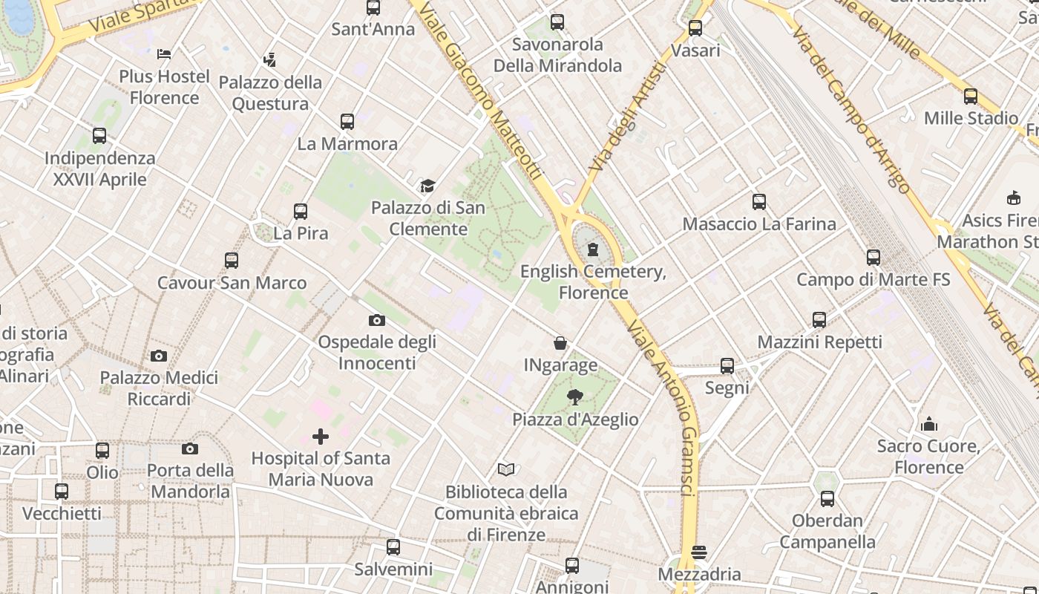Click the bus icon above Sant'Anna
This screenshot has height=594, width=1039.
[373, 8]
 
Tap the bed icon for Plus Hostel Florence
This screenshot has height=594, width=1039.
[164, 54]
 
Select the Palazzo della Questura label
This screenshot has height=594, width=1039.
[270, 93]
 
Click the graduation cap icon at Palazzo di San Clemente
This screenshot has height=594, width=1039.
[427, 186]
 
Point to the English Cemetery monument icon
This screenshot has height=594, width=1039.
[593, 249]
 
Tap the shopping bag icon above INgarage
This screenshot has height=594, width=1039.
[560, 343]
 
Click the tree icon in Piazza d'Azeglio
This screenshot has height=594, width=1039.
[574, 397]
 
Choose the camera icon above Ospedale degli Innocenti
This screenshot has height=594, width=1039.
[377, 321]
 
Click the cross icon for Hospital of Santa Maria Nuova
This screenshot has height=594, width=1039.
[321, 437]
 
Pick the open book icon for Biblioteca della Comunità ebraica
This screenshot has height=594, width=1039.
[506, 469]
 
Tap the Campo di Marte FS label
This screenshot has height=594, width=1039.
[873, 280]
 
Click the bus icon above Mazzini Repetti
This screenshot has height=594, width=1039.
[819, 320]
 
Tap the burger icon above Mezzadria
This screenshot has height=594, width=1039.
[698, 552]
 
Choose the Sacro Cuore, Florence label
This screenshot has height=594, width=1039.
[928, 457]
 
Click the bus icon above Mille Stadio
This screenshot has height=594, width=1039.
[971, 97]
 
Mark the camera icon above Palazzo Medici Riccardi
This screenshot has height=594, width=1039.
[159, 356]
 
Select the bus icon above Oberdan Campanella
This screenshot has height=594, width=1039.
[827, 499]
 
